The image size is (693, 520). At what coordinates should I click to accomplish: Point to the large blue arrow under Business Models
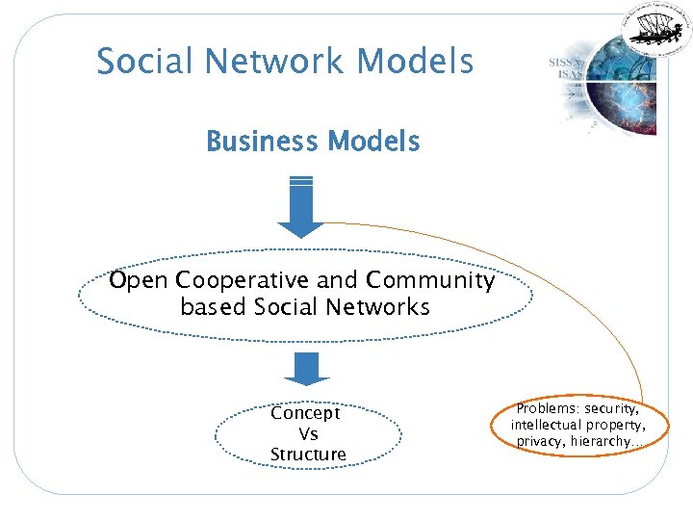(x=300, y=207)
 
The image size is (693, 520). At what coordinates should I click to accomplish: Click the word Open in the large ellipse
(x=139, y=281)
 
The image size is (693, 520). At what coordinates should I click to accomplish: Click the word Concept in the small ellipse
(x=305, y=413)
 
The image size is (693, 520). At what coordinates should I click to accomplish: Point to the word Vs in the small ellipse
(x=308, y=433)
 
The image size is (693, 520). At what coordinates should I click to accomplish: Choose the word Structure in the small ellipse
(x=308, y=455)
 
